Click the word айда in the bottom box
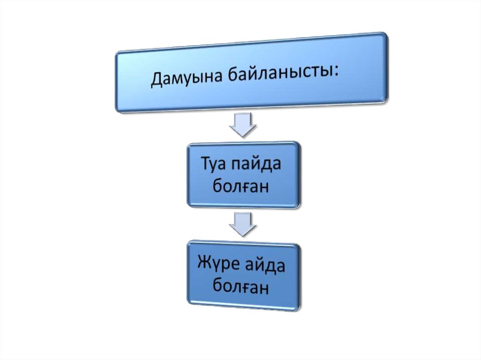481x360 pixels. click(x=265, y=266)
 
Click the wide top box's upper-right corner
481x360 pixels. click(x=386, y=34)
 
